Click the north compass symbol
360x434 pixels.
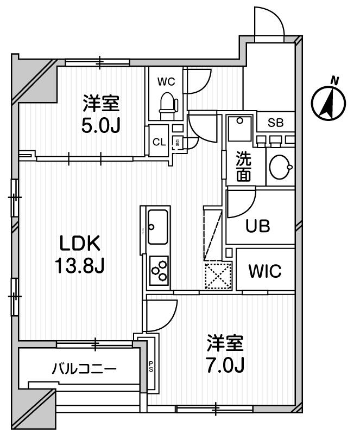coord(330,101)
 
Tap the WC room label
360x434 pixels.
coord(166,82)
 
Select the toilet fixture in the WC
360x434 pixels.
coord(168,104)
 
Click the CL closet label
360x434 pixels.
coord(159,143)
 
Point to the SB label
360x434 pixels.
coord(275,122)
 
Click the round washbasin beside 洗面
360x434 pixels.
coord(281,167)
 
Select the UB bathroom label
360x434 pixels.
coord(259,226)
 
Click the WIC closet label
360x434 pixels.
coord(265,271)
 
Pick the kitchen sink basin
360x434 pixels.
coord(157,226)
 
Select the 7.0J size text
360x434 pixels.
coord(225,366)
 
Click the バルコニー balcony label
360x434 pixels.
coord(84,370)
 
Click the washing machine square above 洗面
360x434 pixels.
coord(239,129)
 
